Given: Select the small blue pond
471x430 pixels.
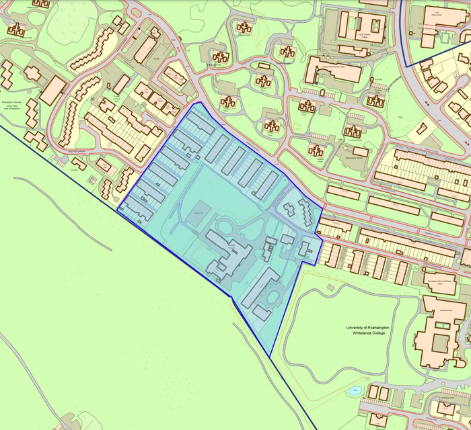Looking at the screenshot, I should [x=355, y=390].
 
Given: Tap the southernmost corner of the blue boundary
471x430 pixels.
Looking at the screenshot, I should [x=270, y=357].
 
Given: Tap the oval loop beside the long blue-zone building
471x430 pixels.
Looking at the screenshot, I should [x=276, y=295].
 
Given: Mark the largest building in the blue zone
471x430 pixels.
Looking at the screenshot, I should [x=229, y=255].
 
